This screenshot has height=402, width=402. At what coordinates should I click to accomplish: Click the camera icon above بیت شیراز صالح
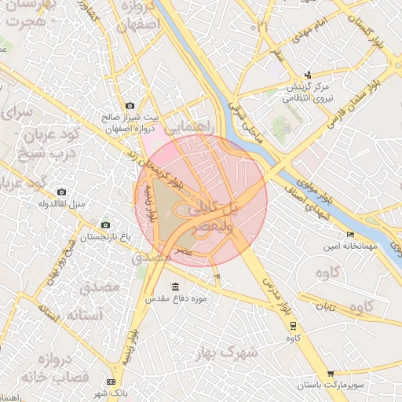coord(130,105)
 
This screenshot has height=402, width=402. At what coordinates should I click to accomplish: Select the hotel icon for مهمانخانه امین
coord(350,234)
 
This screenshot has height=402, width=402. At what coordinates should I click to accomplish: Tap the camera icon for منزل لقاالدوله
coord(62,192)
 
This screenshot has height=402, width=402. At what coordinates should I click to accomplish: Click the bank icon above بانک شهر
coord(110,381)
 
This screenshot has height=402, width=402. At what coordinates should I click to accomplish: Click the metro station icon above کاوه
coord(294,325)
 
